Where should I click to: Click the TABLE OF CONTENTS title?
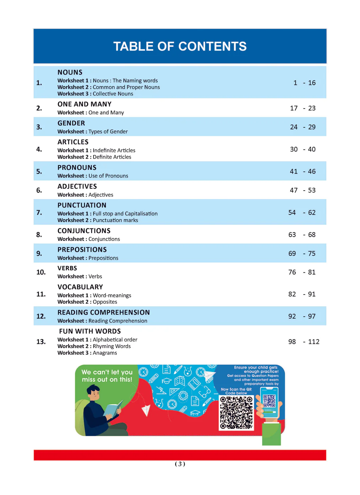click(180, 46)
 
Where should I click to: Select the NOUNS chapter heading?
click(70, 72)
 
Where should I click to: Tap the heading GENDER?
click(71, 123)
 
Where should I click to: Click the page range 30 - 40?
click(303, 149)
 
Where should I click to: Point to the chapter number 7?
click(39, 213)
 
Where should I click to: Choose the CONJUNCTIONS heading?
click(84, 231)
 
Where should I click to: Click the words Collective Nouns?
click(113, 94)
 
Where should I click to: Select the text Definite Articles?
click(112, 157)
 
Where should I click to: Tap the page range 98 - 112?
click(304, 342)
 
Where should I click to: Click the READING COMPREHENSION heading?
click(104, 313)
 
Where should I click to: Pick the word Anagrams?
click(105, 353)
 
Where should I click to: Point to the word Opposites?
click(105, 302)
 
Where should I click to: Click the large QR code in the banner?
click(236, 413)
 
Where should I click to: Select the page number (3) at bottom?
click(180, 464)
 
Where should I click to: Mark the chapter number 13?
click(41, 342)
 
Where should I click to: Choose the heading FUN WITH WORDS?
click(90, 332)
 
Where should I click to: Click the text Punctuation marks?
click(115, 220)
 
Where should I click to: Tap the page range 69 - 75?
click(302, 253)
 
